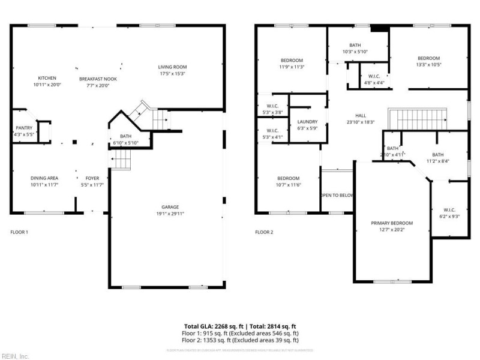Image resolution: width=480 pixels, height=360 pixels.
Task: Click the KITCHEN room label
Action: point(47,78)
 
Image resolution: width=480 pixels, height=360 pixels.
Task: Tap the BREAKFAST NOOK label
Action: point(98,79)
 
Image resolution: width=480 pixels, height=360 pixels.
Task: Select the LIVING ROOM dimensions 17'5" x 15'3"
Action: point(172,74)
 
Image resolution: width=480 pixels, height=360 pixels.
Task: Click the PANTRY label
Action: point(23,128)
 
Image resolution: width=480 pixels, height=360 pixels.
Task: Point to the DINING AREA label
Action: point(44,178)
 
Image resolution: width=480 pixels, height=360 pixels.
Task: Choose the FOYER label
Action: point(92,178)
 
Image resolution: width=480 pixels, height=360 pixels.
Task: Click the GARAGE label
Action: point(170,207)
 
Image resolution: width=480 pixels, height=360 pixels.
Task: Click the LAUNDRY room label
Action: point(307,121)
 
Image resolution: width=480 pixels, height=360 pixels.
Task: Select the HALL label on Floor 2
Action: point(360,115)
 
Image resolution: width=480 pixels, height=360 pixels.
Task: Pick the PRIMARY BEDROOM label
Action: point(391,223)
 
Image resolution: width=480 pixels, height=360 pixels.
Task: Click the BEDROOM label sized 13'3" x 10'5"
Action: point(428,58)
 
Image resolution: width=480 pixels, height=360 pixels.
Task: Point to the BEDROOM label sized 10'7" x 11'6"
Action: point(288,178)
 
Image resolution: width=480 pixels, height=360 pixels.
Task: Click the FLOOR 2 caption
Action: point(264,232)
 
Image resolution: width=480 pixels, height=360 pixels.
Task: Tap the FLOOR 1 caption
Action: point(19,232)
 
